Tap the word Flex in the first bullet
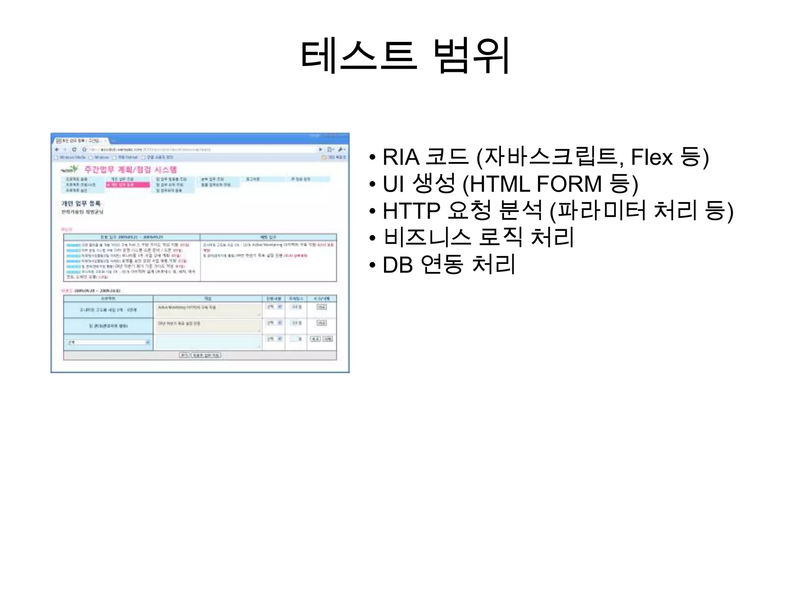(651, 157)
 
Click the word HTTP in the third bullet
(411, 211)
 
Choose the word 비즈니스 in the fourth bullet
(427, 238)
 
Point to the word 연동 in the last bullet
(442, 265)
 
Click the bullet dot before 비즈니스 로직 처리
(372, 238)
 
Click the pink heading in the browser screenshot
(130, 170)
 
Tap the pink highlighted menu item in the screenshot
(128, 185)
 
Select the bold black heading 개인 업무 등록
(81, 204)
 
